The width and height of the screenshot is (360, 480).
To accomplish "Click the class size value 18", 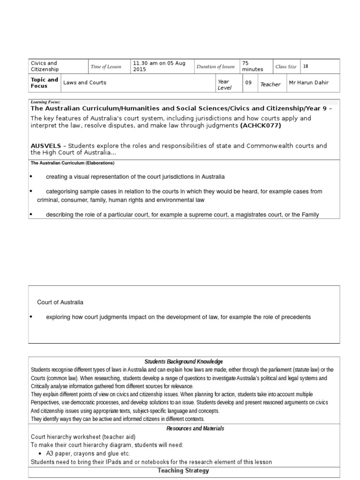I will [x=306, y=67].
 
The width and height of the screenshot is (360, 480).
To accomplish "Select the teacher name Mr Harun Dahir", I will [x=308, y=83].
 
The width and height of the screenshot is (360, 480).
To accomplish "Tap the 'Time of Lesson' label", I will [x=105, y=67].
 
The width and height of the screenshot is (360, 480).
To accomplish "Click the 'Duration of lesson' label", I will [x=216, y=67].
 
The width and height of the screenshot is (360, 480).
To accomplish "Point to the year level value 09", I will [x=248, y=82].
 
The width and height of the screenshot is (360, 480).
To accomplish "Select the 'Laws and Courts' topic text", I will [x=85, y=83].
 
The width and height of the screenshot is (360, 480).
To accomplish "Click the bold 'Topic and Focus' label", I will [x=45, y=83].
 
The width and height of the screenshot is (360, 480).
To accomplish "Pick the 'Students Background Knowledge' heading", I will [x=184, y=361].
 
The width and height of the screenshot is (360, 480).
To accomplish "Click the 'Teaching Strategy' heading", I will [x=183, y=471].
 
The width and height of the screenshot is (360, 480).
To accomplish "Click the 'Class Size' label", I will [x=286, y=67].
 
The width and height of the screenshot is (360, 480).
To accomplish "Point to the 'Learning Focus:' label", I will [x=45, y=102].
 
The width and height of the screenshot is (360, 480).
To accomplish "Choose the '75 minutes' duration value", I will [x=252, y=66].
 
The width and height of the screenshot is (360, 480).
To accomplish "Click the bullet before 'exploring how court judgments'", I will [x=31, y=317].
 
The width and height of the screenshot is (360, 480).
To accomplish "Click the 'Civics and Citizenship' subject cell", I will [x=45, y=66].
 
